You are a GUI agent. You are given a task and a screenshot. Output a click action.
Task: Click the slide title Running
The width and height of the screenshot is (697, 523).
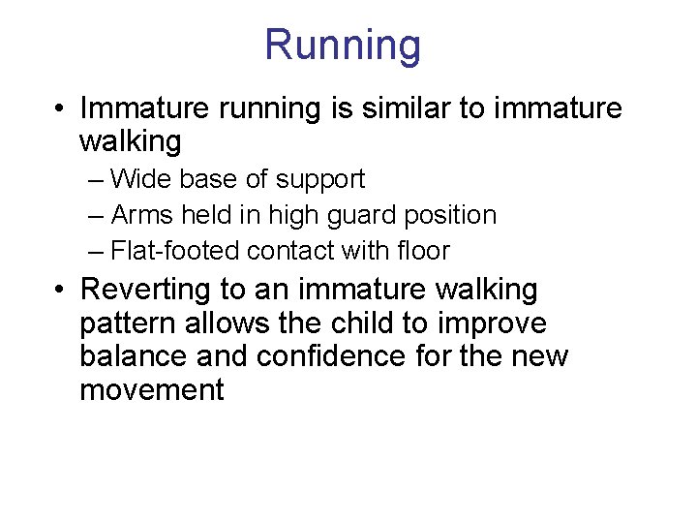click(343, 46)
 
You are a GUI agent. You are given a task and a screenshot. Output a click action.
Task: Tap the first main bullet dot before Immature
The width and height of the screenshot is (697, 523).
click(61, 108)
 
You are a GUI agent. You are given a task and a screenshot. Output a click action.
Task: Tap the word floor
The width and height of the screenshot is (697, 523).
click(424, 251)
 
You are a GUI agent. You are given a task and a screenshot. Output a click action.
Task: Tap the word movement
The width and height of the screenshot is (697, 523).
click(151, 390)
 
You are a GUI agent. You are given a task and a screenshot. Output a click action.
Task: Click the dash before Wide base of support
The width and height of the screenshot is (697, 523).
click(95, 180)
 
